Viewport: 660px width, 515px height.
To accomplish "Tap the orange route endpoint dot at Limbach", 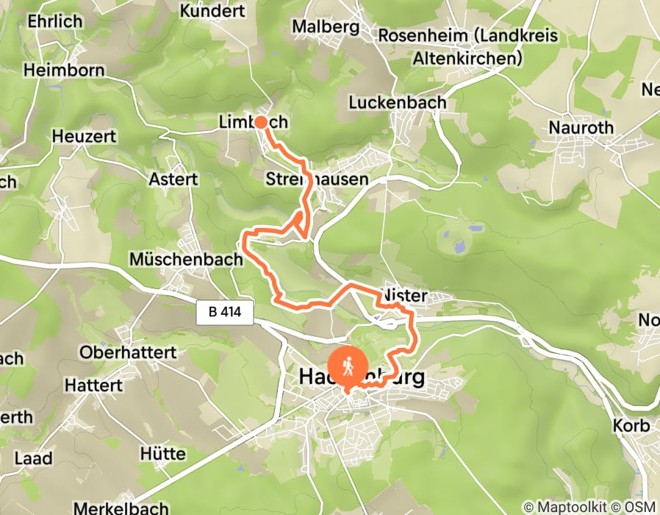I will click(260, 122).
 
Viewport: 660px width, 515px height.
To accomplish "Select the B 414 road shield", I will click(226, 313).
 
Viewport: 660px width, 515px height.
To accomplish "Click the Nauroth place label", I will click(581, 128).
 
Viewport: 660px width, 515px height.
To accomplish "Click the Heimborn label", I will click(64, 71).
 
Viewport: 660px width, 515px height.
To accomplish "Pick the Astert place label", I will click(173, 179).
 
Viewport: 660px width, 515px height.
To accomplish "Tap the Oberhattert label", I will click(129, 352).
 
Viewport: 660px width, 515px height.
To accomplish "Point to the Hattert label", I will click(93, 385).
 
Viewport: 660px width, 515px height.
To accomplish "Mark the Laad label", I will click(33, 458).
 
